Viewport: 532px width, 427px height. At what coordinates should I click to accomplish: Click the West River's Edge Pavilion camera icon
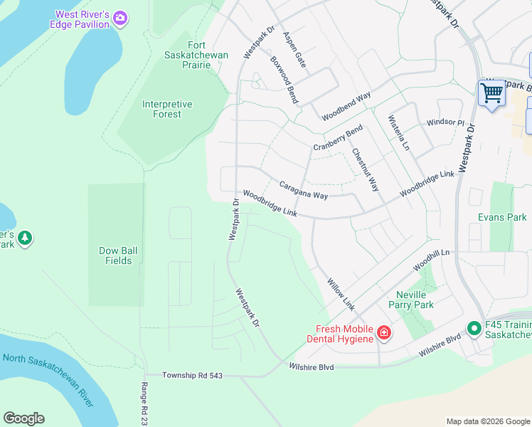[x=120, y=17]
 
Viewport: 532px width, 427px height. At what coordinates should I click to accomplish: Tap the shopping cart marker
[x=491, y=93]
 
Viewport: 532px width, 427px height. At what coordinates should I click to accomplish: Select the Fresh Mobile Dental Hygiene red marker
[x=383, y=332]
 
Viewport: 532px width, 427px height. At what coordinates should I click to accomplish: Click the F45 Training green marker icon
[x=474, y=328]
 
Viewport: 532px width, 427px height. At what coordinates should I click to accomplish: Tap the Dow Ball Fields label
[x=115, y=255]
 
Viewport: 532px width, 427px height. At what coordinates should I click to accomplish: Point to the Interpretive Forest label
[x=167, y=109]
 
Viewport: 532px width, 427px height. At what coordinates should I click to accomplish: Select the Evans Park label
[x=502, y=217]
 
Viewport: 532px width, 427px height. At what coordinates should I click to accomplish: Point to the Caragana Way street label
[x=303, y=190]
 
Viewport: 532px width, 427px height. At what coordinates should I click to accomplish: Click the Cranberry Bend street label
[x=338, y=137]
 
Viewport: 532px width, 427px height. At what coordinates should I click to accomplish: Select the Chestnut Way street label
[x=365, y=169]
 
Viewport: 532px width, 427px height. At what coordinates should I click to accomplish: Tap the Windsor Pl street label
[x=445, y=122]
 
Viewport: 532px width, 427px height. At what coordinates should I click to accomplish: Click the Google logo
[x=23, y=418]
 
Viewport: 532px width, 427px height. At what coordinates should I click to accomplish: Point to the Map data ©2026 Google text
[x=487, y=421]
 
